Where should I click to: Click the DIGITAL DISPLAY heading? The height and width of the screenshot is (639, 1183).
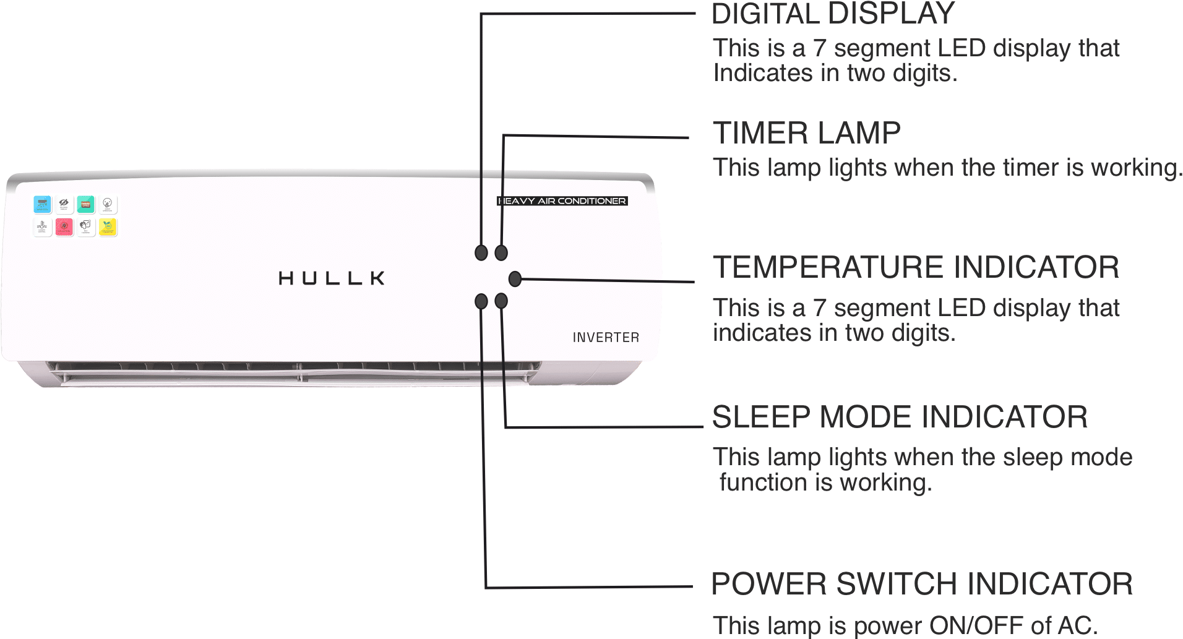[x=833, y=14]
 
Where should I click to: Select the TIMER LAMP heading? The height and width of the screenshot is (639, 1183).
[x=806, y=133]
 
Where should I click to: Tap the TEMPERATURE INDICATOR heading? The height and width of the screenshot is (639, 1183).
[x=916, y=267]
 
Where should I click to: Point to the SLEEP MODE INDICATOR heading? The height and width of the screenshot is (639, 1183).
[x=900, y=417]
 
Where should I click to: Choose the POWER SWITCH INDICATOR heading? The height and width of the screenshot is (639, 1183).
[x=922, y=584]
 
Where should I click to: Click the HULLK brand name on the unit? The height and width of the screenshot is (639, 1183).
[x=332, y=278]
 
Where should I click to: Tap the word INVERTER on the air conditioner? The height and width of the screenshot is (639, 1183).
[x=606, y=338]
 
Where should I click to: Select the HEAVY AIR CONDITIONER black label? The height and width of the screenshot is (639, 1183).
[x=562, y=201]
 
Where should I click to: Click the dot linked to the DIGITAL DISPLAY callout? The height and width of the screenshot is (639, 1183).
[x=481, y=252]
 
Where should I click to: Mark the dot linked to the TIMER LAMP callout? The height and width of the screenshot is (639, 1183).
[x=501, y=252]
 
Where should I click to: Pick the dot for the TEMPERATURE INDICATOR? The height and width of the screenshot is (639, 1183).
[x=515, y=279]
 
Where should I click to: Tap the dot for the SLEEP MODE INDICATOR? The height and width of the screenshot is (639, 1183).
[x=501, y=301]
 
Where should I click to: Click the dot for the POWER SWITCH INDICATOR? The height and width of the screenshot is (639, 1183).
[x=481, y=301]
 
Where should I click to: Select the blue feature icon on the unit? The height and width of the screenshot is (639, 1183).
[x=42, y=204]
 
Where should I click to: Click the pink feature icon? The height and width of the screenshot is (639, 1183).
[x=64, y=227]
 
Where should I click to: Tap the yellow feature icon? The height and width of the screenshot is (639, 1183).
[x=108, y=227]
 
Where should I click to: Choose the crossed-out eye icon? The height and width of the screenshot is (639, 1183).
[x=64, y=204]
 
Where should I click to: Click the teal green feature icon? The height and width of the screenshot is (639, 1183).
[x=86, y=204]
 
